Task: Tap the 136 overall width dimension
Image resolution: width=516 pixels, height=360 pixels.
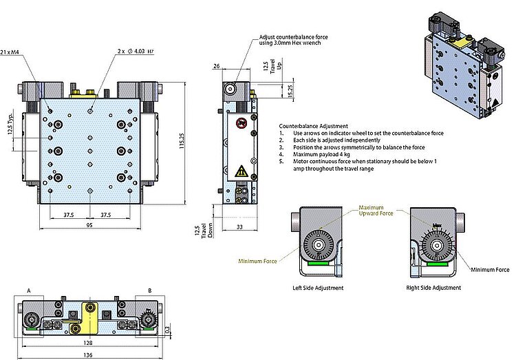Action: tap(89, 355)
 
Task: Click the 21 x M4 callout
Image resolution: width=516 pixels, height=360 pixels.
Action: tap(10, 52)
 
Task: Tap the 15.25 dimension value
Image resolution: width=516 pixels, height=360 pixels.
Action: tap(271, 90)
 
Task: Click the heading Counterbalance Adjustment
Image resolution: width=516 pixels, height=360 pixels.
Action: tap(313, 126)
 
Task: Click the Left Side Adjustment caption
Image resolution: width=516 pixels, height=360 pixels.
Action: tap(317, 288)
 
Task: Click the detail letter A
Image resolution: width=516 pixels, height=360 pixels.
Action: tap(30, 291)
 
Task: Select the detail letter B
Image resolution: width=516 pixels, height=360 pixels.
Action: tap(149, 291)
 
